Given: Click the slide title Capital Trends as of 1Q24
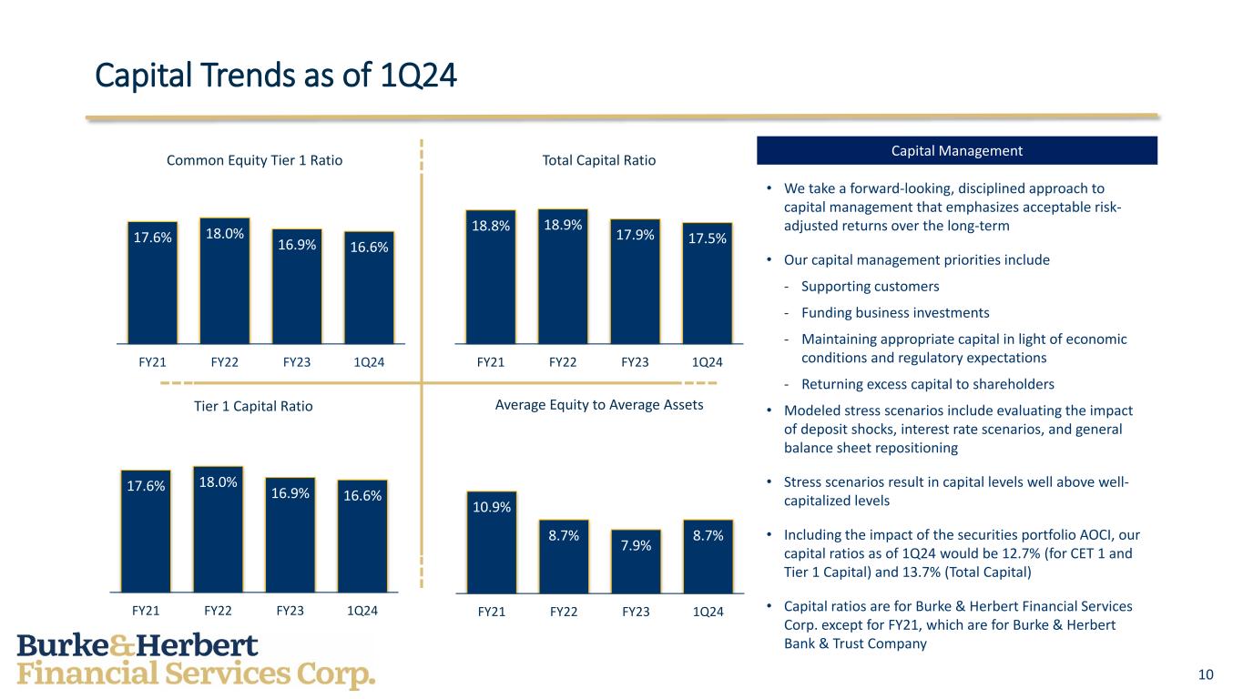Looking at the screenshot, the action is (x=276, y=76).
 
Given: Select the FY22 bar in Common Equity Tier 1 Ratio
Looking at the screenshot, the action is (x=225, y=280).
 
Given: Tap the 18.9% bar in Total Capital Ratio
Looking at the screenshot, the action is (x=563, y=277).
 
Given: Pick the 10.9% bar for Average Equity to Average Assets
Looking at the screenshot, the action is (x=492, y=542).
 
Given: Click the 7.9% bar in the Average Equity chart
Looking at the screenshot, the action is (x=636, y=562).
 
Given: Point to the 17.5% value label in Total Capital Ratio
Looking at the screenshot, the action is (x=708, y=238).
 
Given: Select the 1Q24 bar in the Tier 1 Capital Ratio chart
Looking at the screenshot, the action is (x=362, y=536).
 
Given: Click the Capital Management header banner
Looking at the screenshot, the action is (x=957, y=150).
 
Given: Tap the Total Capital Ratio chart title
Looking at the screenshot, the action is (x=599, y=160).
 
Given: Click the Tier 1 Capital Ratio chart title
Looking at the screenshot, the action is (x=253, y=406).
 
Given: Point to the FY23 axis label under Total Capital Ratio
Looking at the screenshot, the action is (x=635, y=362).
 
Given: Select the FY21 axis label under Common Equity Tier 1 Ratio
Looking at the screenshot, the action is (x=153, y=362).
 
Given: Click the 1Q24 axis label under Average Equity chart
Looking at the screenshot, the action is (x=708, y=612).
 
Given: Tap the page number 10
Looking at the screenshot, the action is (x=1206, y=674).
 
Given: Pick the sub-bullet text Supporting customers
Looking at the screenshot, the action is (x=871, y=287).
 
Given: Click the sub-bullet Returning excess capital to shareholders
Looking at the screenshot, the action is (x=928, y=384).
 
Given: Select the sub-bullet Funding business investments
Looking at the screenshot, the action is (x=895, y=313).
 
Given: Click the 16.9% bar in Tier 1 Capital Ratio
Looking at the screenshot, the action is (x=290, y=535).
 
